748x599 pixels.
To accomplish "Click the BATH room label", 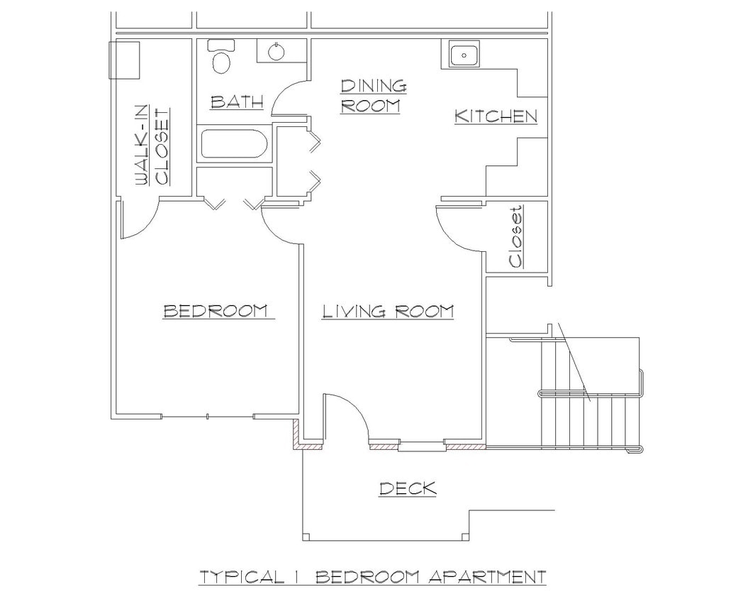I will click(237, 102).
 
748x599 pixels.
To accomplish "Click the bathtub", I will click(233, 143).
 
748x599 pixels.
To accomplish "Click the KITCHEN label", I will click(496, 116).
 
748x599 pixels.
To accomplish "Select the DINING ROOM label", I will click(374, 96).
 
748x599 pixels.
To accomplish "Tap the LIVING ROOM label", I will click(387, 311).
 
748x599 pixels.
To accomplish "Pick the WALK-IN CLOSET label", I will click(152, 145).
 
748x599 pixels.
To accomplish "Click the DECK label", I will click(407, 488).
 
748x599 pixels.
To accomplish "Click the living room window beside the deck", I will click(418, 446).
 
